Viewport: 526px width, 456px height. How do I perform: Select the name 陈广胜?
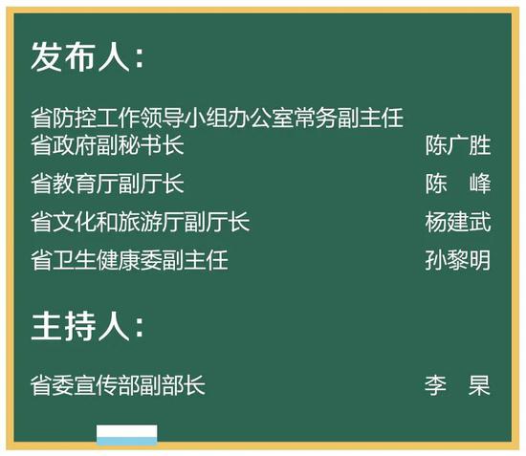(x=458, y=145)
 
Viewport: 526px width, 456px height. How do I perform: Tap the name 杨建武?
(x=458, y=222)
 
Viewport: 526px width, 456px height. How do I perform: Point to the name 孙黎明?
(x=458, y=260)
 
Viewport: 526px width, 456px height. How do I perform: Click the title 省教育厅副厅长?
(x=107, y=184)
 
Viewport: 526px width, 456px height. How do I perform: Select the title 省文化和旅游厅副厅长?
(x=141, y=222)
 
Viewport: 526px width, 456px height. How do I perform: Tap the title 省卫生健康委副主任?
(x=129, y=260)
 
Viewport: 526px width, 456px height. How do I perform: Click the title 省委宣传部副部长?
(x=118, y=385)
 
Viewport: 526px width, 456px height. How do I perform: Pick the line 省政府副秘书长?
(x=107, y=145)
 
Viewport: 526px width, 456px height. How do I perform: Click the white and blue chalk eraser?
(x=127, y=435)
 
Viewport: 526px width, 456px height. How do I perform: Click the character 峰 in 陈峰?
(x=480, y=184)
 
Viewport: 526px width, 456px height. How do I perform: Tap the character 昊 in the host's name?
(x=479, y=385)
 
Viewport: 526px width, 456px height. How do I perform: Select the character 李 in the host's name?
(x=435, y=385)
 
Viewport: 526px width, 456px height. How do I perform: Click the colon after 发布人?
(x=140, y=58)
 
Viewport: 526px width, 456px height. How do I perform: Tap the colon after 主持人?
(x=140, y=327)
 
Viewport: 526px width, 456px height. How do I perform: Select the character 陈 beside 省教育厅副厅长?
(x=436, y=184)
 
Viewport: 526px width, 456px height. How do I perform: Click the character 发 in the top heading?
(x=46, y=56)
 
